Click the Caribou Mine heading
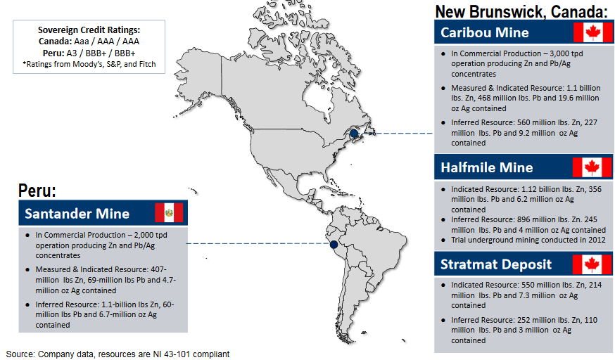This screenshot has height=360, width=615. point(485,33)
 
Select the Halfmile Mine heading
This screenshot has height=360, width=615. point(487,167)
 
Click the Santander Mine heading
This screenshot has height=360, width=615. point(77,214)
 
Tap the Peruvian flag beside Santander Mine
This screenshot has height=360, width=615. point(169,213)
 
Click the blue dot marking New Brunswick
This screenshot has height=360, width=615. point(354,133)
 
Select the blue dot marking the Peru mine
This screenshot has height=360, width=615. point(333,245)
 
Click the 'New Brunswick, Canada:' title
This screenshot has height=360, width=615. point(521,11)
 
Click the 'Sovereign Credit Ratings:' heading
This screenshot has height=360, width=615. point(89,30)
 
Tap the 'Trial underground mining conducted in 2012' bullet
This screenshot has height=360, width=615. point(528,240)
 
